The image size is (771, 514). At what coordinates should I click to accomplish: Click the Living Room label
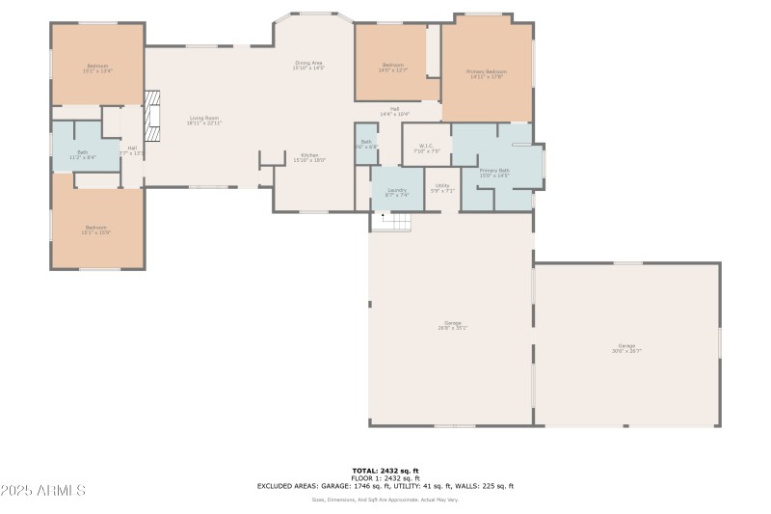[204, 121]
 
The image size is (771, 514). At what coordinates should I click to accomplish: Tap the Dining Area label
[309, 66]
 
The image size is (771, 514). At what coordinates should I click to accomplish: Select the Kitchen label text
[309, 158]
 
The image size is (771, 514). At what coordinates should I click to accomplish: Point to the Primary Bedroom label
[487, 74]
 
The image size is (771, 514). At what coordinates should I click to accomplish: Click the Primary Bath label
[494, 173]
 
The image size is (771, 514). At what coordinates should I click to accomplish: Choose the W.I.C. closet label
[426, 149]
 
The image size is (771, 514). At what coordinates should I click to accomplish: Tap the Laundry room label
[397, 192]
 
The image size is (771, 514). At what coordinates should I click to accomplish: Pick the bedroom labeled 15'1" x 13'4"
[97, 68]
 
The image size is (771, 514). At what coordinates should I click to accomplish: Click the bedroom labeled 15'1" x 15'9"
[97, 230]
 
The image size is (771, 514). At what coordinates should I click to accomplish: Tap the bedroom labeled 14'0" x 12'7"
[393, 67]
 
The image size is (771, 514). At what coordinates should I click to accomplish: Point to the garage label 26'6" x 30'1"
[453, 325]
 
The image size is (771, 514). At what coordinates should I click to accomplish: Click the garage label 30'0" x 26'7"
[626, 348]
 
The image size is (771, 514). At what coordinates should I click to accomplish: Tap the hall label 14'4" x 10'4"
[394, 111]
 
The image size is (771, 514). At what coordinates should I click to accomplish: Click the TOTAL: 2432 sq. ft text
[385, 471]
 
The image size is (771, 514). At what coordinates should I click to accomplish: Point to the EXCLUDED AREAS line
[385, 486]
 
